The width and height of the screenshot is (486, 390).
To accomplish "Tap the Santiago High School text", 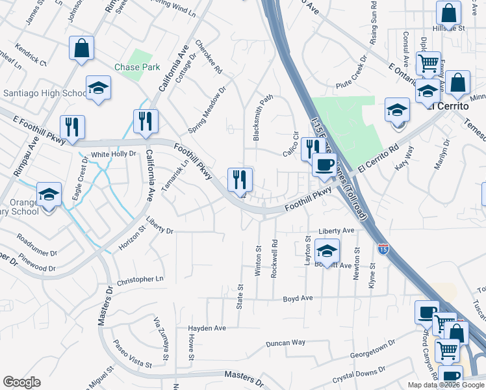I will (44, 93).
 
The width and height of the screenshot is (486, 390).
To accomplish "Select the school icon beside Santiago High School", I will (98, 88).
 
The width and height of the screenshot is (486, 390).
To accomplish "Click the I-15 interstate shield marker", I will (383, 248).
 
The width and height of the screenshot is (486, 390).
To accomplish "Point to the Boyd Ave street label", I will (298, 298).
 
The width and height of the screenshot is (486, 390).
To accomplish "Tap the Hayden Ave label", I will (207, 328).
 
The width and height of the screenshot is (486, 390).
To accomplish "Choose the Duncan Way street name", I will (286, 343).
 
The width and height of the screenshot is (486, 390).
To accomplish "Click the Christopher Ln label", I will (141, 280).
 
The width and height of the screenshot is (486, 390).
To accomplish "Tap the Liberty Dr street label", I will (160, 229).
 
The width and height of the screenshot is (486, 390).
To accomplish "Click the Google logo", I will (21, 382).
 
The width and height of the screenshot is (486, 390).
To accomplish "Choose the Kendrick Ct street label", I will (32, 56).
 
